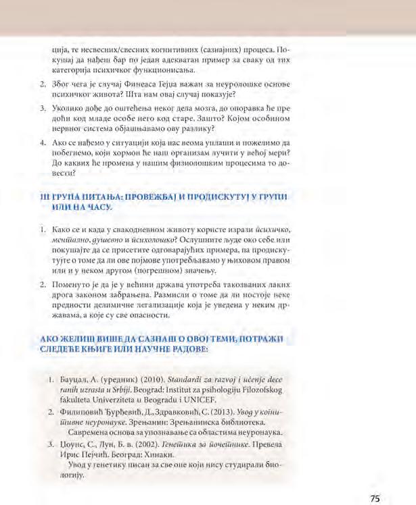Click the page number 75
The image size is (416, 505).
click(x=375, y=480)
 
